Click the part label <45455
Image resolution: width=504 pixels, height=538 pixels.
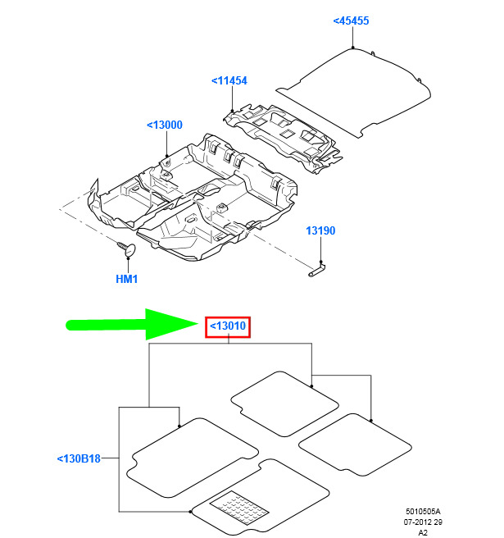(x=351, y=21)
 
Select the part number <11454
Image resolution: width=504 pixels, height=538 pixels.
(x=229, y=80)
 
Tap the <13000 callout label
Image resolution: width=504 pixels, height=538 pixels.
(x=165, y=125)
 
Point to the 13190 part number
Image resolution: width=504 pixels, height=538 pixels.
(x=320, y=230)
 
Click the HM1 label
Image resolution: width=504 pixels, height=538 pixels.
(x=126, y=279)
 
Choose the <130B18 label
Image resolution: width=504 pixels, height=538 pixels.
(x=79, y=458)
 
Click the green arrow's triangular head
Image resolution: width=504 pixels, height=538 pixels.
(x=168, y=324)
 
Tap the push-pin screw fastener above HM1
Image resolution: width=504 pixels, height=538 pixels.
(x=126, y=248)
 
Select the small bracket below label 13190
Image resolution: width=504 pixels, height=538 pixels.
(x=317, y=270)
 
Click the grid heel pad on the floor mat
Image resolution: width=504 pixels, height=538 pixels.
(x=239, y=508)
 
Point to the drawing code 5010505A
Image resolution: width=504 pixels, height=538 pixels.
(x=423, y=511)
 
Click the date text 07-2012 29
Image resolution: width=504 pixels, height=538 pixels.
(x=423, y=522)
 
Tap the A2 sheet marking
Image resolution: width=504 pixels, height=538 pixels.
(x=423, y=532)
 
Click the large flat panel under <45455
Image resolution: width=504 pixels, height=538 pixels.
(x=353, y=93)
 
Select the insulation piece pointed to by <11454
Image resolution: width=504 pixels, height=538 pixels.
(x=283, y=137)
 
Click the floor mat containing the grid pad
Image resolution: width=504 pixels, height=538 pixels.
(x=261, y=498)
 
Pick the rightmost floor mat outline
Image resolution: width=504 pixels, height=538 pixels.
(x=355, y=445)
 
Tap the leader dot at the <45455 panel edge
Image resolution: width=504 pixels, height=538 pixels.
(x=352, y=48)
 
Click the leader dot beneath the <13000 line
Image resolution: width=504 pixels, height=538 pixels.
(x=166, y=156)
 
